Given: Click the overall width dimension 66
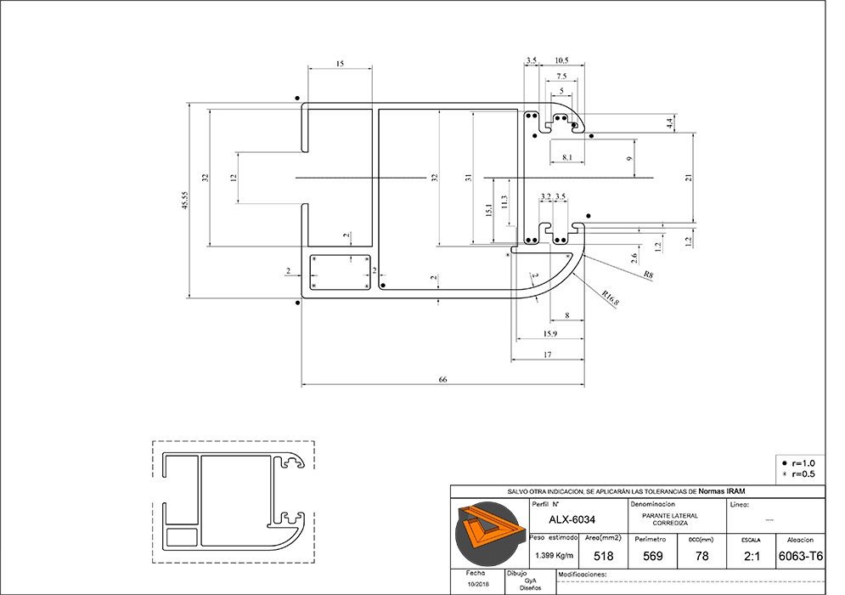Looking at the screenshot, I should (x=442, y=379).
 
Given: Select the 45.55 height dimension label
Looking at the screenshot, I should (x=184, y=201).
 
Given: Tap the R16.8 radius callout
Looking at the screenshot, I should (x=609, y=298).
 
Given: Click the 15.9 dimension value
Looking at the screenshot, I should (x=549, y=332).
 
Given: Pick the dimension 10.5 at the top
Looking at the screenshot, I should (x=561, y=61).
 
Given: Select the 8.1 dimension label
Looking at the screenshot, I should (x=567, y=157).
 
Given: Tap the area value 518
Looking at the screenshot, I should (x=604, y=556).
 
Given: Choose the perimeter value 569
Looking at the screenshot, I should (x=653, y=556).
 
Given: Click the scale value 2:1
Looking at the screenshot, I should (x=751, y=556).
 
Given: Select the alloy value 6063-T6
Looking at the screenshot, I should (x=800, y=556).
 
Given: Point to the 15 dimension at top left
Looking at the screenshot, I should (x=340, y=64).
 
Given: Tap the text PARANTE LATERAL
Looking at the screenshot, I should (x=671, y=515).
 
